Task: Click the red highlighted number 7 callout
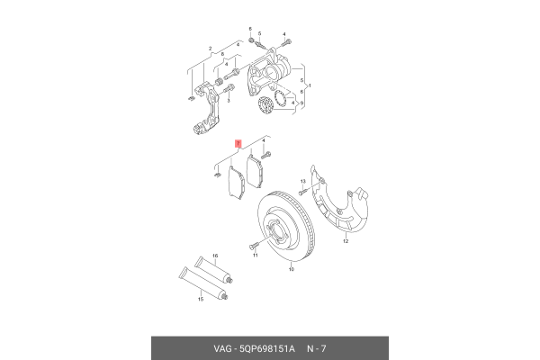(x=238, y=143)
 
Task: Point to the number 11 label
(x=255, y=256)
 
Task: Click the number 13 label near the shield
(x=303, y=181)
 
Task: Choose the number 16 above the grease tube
(x=214, y=256)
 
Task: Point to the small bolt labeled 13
(x=304, y=191)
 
